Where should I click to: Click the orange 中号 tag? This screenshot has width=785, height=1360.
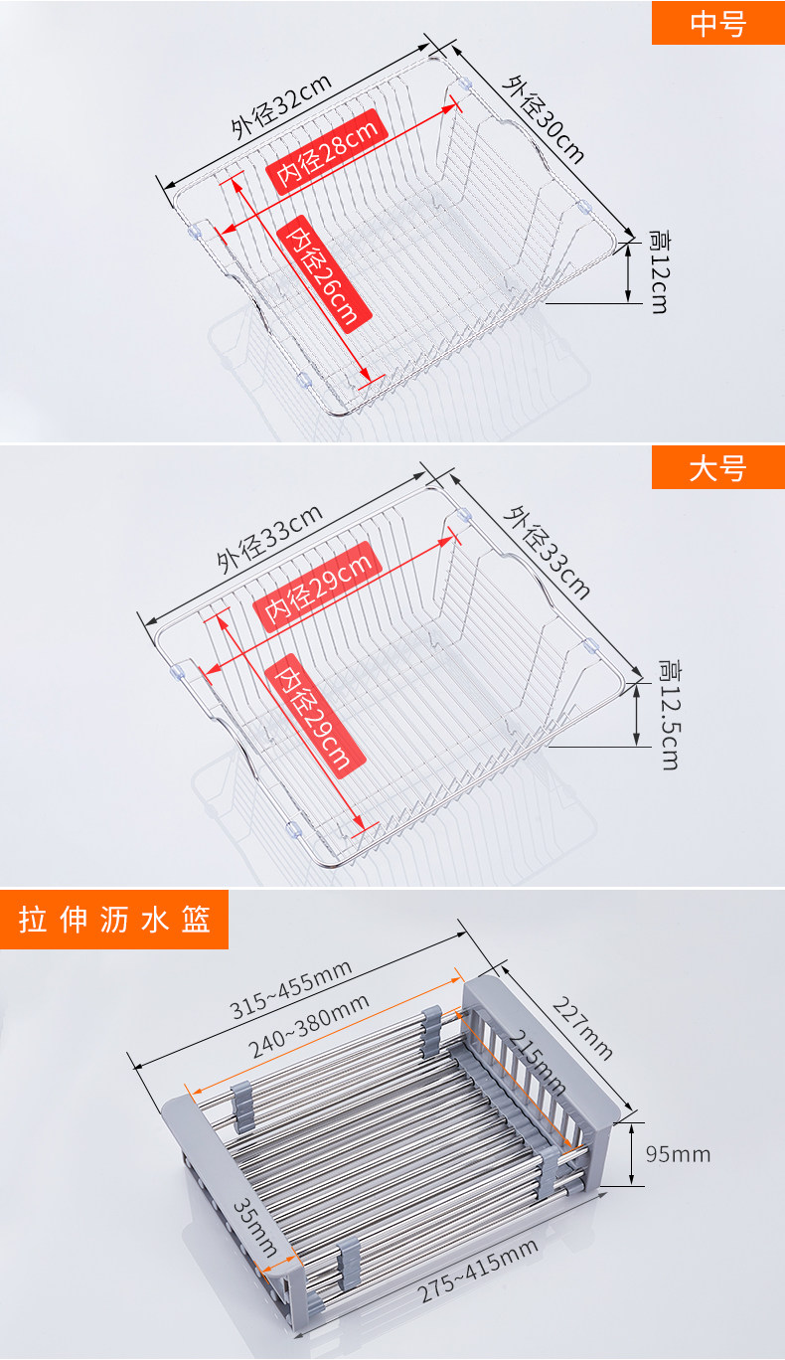pyautogui.click(x=717, y=23)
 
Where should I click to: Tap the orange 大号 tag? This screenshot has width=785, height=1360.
pyautogui.click(x=717, y=467)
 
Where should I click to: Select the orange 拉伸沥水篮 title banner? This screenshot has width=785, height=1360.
pyautogui.click(x=114, y=920)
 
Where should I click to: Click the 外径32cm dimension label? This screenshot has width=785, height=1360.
pyautogui.click(x=282, y=109)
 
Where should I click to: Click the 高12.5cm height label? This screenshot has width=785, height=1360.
pyautogui.click(x=669, y=713)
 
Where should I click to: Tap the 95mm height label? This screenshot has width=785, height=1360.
pyautogui.click(x=678, y=1154)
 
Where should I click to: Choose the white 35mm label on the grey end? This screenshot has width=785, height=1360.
pyautogui.click(x=256, y=1226)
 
